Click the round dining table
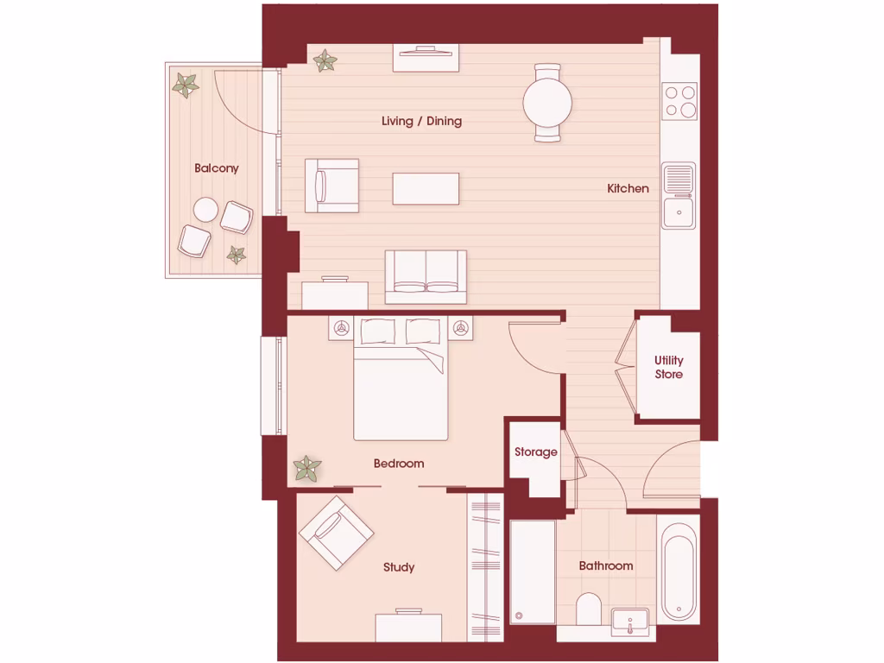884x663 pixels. (x=547, y=103)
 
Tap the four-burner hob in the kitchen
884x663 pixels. (x=679, y=101)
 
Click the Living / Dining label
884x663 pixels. (x=421, y=121)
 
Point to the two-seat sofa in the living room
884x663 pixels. (x=426, y=276)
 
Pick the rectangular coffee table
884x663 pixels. (x=426, y=188)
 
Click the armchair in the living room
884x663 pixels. (x=332, y=185)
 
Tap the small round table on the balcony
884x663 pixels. (x=205, y=209)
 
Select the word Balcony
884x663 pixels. (x=216, y=168)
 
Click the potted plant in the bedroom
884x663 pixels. (x=306, y=469)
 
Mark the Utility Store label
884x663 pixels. (x=668, y=367)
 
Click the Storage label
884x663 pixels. (x=536, y=451)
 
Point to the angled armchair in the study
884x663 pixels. (x=336, y=533)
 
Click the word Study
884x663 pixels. (x=399, y=567)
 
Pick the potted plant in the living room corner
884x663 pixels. (x=325, y=60)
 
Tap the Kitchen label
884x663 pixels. (x=628, y=188)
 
